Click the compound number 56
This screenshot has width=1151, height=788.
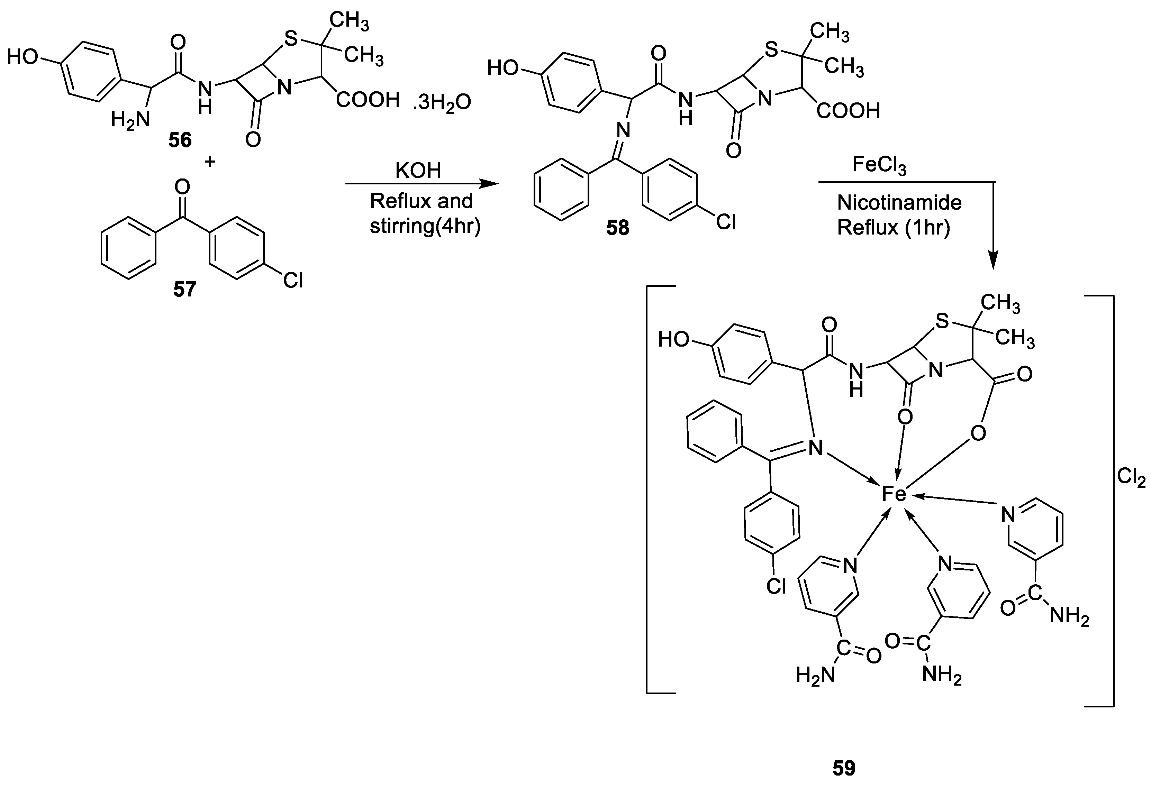tap(180, 140)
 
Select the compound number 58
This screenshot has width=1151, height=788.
tap(618, 228)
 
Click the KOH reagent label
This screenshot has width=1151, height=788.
tap(418, 171)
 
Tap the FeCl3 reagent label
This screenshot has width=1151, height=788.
tap(879, 165)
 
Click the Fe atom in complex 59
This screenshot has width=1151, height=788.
tap(894, 494)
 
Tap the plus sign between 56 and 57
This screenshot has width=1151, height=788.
tap(210, 161)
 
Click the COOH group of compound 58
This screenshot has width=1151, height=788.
tap(848, 111)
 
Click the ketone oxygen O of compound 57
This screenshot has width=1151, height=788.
tap(182, 187)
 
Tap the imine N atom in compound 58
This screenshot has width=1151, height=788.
tap(624, 131)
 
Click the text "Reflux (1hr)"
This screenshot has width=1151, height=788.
tap(894, 228)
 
